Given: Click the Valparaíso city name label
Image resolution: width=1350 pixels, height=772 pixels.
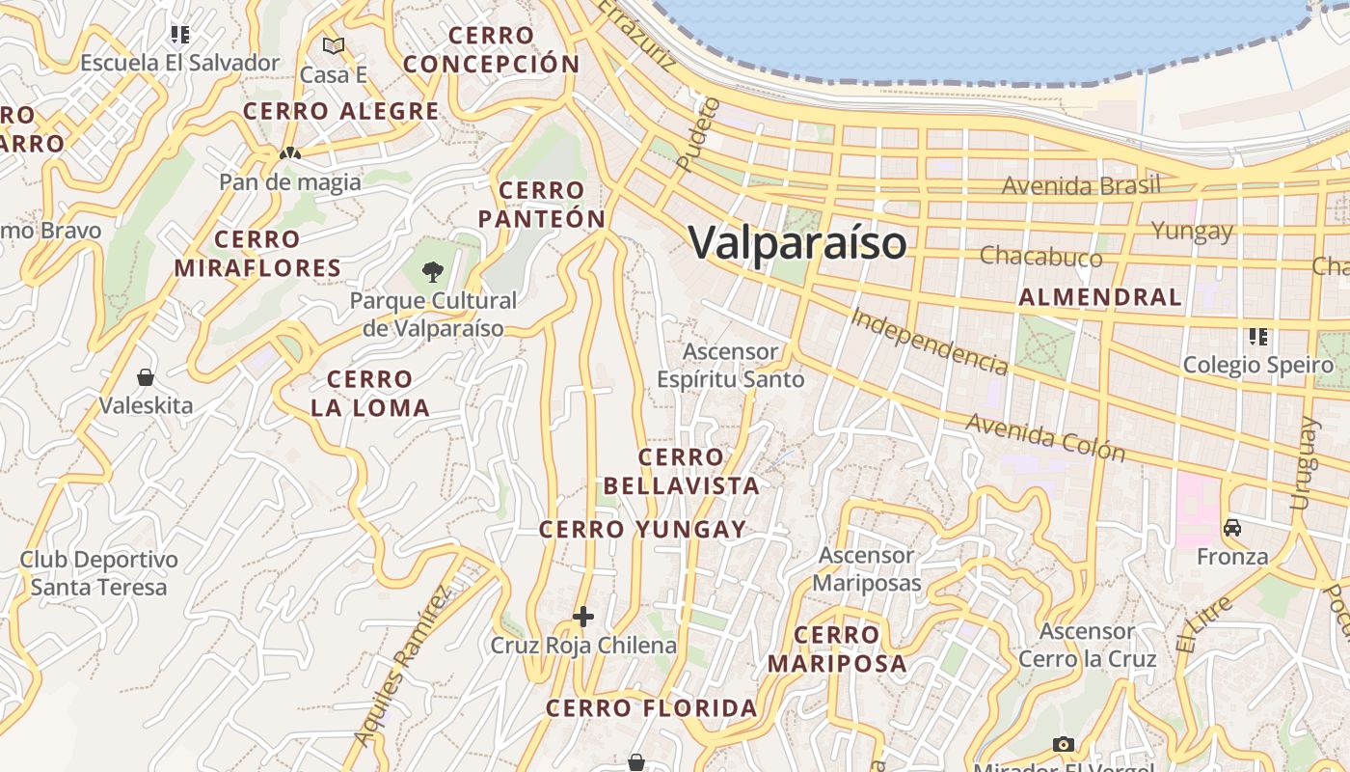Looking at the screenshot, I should point(797,242).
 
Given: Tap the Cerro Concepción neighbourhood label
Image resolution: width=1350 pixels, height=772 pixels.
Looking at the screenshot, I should point(492,50).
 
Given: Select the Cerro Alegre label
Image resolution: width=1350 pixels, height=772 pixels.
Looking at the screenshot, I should point(340,111).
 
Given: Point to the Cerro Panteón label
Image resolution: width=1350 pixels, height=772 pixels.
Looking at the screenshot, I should point(542,205).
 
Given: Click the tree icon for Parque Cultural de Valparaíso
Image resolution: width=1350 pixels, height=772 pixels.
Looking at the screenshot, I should point(433,272).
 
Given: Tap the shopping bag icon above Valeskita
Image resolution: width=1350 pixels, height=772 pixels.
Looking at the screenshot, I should point(146,376).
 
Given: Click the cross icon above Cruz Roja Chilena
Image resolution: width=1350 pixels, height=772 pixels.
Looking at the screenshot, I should point(582,617).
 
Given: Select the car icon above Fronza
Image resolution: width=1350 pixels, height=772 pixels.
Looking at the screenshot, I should point(1232,528).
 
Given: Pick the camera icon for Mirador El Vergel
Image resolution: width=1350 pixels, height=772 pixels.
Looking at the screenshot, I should point(1064,744).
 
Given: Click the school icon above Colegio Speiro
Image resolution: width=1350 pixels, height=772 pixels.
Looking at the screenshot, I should point(1258,337).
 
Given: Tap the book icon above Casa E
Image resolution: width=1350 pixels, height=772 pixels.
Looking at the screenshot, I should point(334,45).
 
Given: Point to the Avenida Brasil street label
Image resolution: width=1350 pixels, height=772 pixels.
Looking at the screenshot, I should point(1080,185).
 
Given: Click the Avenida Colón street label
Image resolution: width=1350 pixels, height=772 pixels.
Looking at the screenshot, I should point(1044,437).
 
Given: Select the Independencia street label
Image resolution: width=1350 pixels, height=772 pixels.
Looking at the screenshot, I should point(930,341).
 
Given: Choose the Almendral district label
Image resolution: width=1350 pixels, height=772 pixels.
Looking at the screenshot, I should point(1099,297).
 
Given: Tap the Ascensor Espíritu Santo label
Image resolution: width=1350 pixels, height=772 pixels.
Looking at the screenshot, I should point(730,366).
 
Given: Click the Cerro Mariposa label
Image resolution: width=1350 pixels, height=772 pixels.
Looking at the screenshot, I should point(837,648).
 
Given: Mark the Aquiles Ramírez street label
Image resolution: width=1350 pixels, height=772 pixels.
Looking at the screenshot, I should point(403,665).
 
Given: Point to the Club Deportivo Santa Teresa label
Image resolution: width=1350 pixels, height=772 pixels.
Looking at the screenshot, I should point(98,573).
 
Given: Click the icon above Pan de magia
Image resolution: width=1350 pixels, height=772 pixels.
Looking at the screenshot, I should point(289,152).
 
